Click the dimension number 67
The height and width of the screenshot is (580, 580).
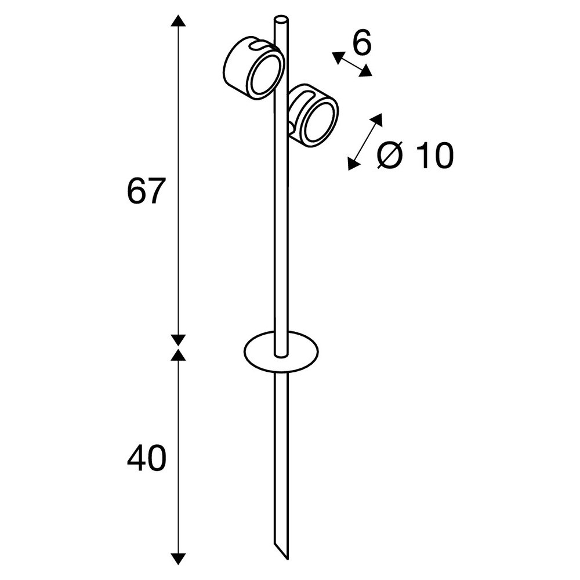coord(144,191)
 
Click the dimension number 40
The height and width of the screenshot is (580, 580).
coord(147,458)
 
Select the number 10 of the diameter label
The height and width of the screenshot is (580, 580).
coord(434,155)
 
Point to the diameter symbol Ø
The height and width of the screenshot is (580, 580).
coord(390,155)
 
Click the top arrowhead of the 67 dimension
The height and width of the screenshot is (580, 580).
coord(178,20)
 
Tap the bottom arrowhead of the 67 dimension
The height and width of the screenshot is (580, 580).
coord(178,340)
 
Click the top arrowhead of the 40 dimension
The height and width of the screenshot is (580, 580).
coord(178,354)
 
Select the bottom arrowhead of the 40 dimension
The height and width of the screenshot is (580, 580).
coord(178,559)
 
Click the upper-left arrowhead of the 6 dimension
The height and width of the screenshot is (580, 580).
coord(338,57)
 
